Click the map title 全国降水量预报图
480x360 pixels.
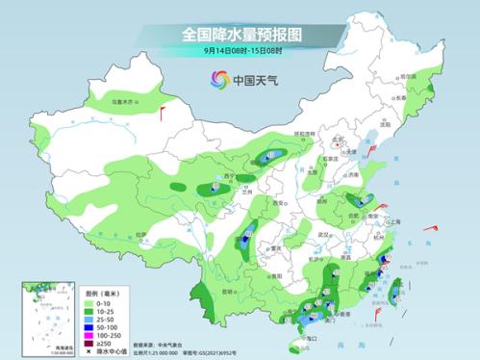(240, 34)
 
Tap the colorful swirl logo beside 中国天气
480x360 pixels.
(220, 80)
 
